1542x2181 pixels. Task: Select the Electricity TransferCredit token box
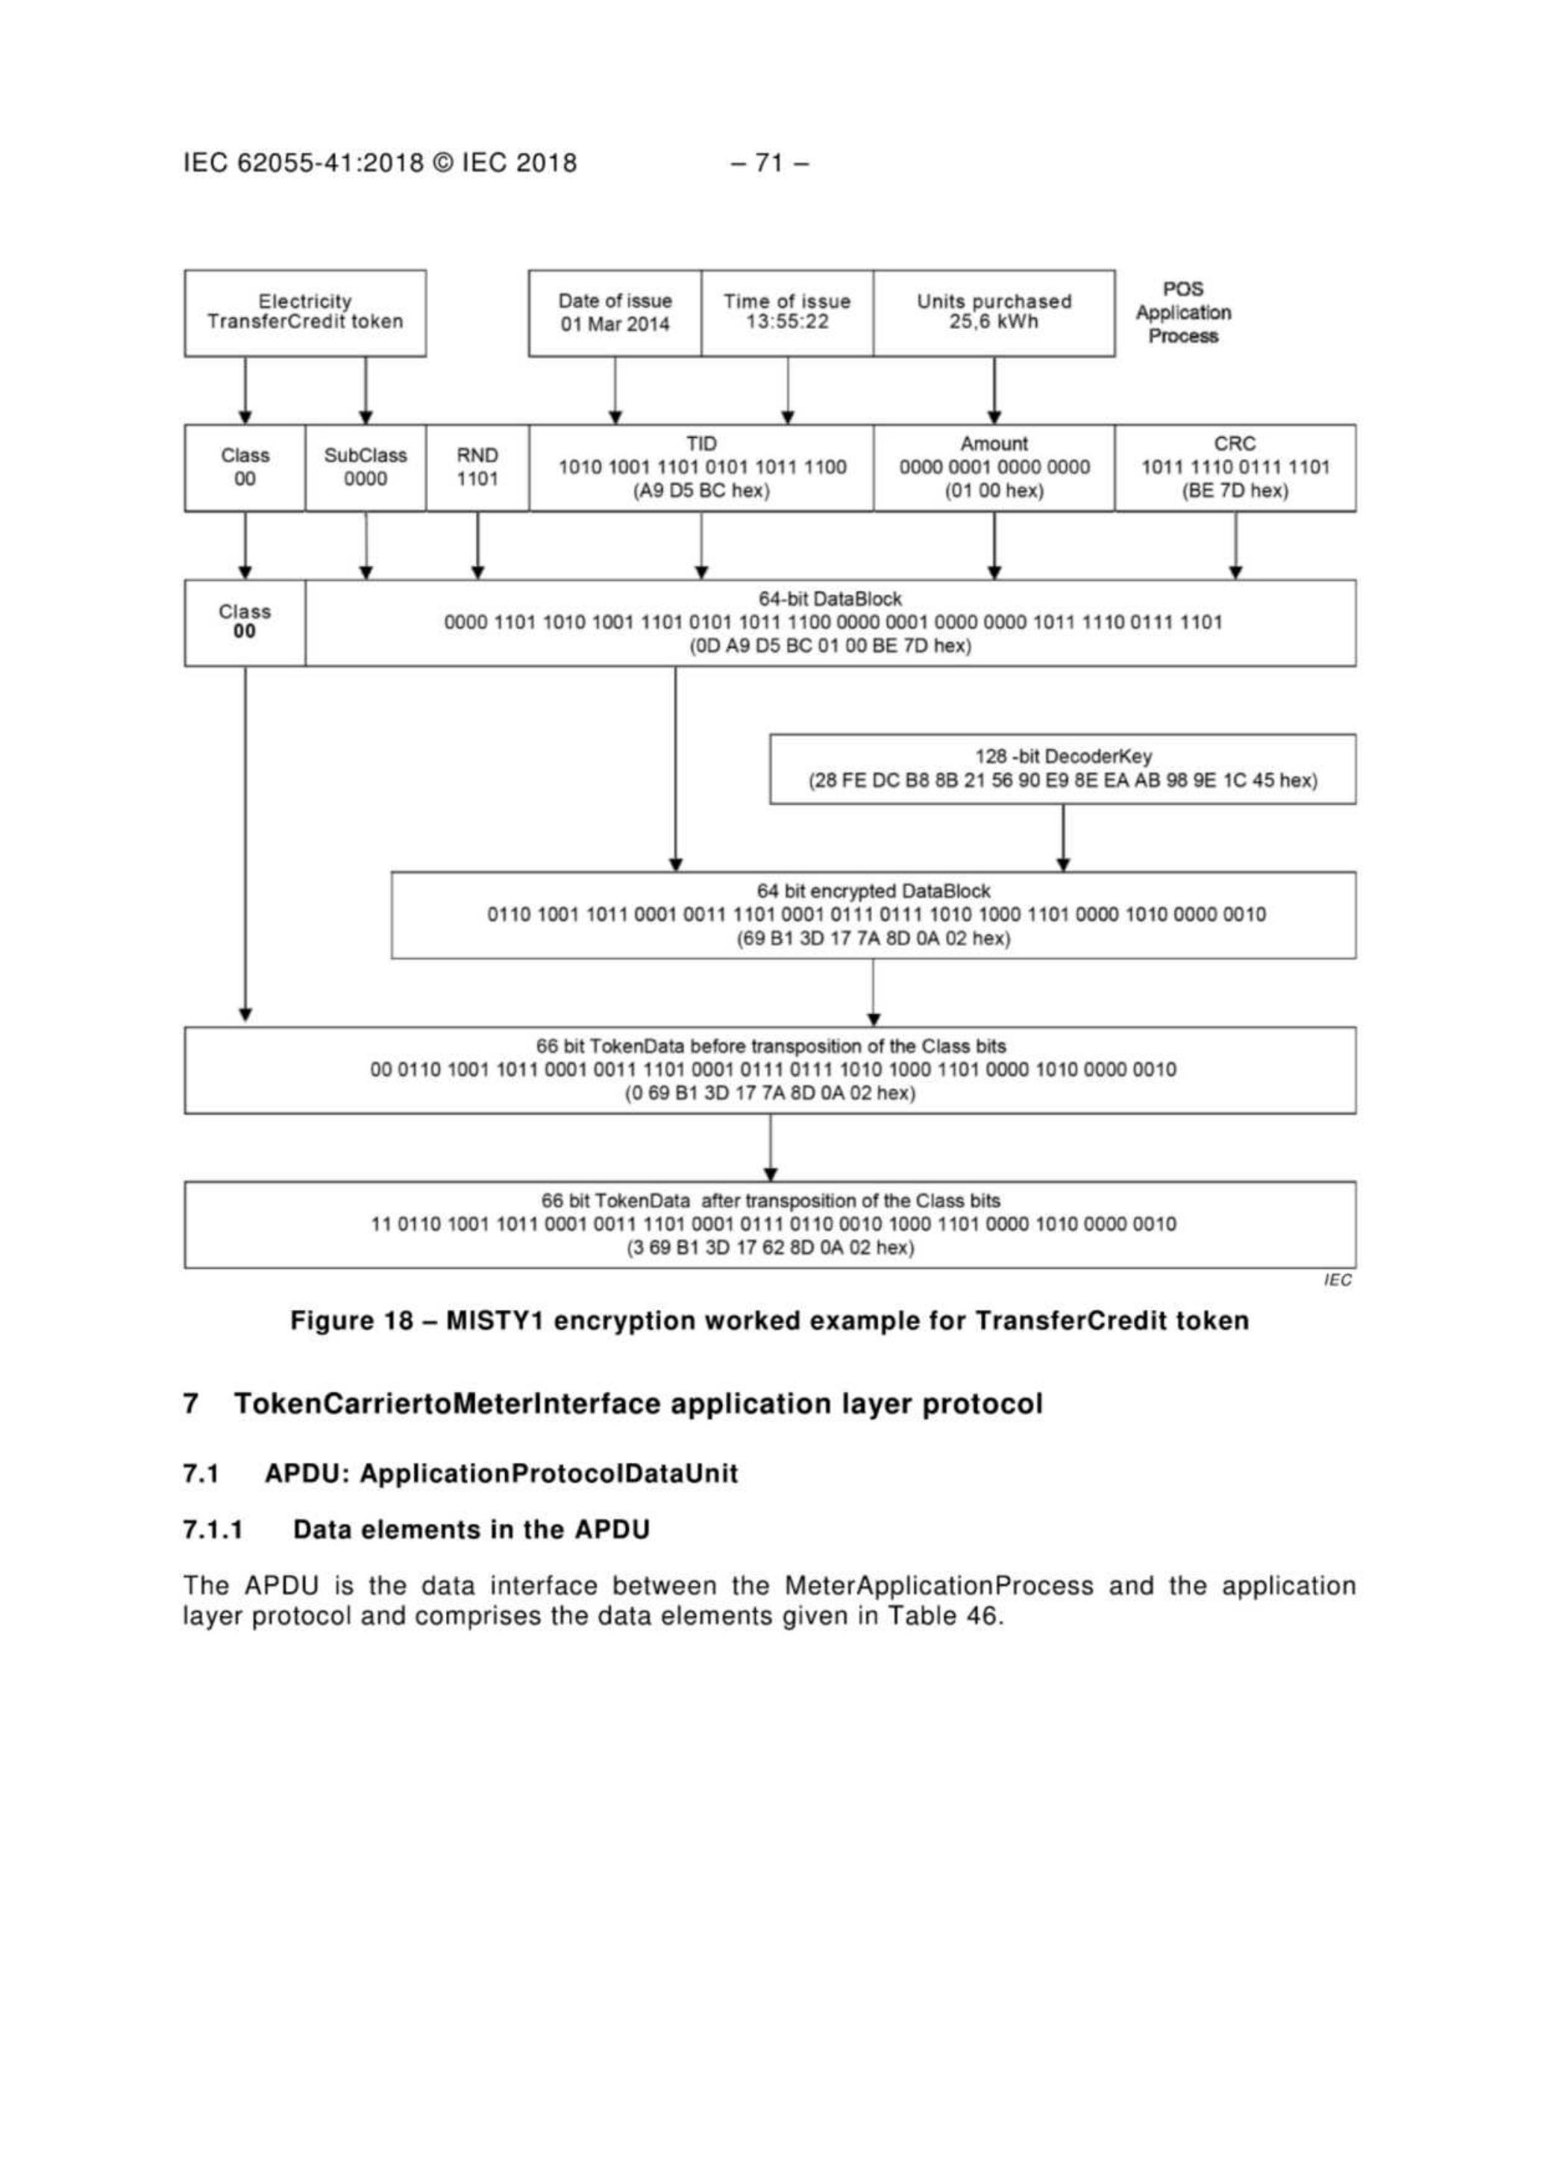[305, 313]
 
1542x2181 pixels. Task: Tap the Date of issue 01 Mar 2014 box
[615, 313]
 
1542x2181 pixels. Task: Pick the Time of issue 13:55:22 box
[787, 313]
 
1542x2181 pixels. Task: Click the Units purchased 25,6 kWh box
[993, 313]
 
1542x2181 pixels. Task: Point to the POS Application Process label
[1183, 313]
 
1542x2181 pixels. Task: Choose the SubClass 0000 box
[366, 468]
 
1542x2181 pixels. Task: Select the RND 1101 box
[477, 468]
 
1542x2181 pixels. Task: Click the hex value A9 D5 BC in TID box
[701, 491]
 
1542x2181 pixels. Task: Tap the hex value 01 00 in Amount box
[994, 491]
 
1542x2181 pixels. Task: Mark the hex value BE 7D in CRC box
[1235, 491]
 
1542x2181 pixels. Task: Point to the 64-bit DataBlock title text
[830, 600]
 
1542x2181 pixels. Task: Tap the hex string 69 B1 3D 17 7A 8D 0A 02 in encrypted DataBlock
[873, 938]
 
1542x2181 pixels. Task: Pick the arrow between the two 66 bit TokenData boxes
[771, 1147]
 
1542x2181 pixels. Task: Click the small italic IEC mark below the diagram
[1337, 1281]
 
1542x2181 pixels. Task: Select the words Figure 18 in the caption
[351, 1321]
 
